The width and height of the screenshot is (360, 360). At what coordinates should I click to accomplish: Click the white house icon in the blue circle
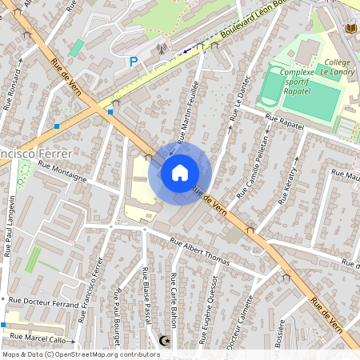click(x=180, y=173)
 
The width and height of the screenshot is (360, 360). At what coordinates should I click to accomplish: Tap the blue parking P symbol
click(x=134, y=61)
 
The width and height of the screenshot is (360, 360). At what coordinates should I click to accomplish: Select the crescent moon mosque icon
click(x=166, y=341)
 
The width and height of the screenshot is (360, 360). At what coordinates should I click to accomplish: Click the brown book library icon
click(x=350, y=29)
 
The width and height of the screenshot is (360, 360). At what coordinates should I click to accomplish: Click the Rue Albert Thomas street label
click(x=199, y=254)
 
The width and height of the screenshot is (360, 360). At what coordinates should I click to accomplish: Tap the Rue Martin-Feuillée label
click(x=188, y=112)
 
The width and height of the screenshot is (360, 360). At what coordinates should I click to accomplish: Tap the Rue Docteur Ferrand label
click(x=43, y=302)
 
